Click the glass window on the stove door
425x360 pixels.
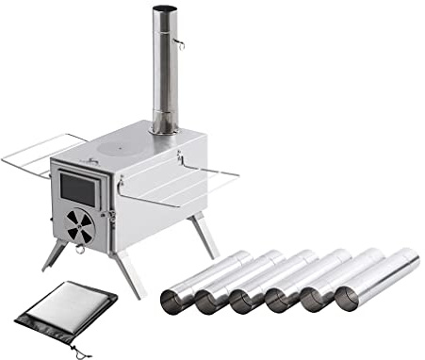(x=77, y=189)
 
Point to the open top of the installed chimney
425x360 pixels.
(x=164, y=10)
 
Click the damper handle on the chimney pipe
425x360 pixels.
(x=179, y=42)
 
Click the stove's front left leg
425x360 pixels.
(x=56, y=254)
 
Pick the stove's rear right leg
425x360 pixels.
(x=205, y=236)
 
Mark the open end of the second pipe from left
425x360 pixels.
(x=209, y=303)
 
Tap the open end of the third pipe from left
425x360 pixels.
(x=244, y=302)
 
